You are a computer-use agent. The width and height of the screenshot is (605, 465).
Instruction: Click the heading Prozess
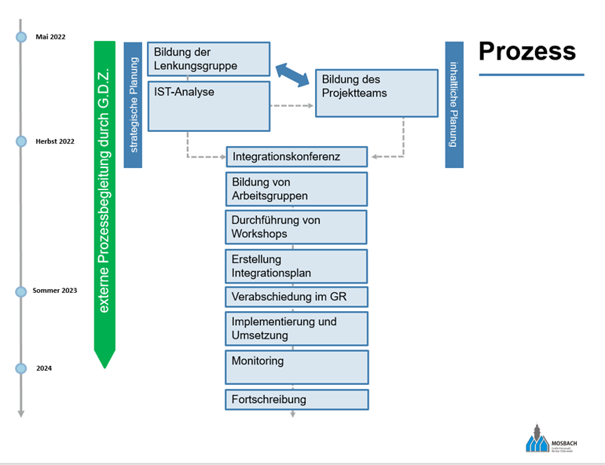tap(527, 51)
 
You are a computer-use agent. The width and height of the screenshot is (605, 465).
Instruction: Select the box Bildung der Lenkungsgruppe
tap(208, 59)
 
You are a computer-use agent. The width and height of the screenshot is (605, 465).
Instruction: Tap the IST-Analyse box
tap(208, 105)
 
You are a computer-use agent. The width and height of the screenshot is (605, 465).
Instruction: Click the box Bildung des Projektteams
tap(376, 93)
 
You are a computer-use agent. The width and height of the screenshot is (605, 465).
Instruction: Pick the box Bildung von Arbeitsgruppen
tap(296, 189)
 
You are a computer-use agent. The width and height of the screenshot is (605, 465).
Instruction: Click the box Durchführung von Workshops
tap(296, 227)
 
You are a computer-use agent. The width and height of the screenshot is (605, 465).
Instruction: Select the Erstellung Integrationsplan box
tap(296, 265)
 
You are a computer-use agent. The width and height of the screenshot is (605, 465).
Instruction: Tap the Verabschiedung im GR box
tap(296, 297)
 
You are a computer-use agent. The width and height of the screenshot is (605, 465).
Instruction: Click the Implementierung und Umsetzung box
tap(296, 328)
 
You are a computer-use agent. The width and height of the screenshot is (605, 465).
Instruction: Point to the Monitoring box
tap(296, 367)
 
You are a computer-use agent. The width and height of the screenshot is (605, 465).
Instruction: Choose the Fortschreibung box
tap(296, 399)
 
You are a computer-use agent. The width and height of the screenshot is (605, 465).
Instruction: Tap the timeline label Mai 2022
tap(51, 37)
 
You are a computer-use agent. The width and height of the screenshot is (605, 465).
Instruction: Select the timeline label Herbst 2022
tap(55, 141)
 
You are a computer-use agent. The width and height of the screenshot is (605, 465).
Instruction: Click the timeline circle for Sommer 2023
tap(21, 291)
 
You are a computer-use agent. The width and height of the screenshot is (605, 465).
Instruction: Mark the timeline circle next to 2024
tap(21, 368)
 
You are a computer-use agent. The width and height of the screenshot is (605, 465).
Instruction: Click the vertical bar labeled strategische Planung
tap(133, 104)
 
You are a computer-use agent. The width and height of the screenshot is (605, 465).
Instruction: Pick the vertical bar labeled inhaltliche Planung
tap(453, 104)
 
